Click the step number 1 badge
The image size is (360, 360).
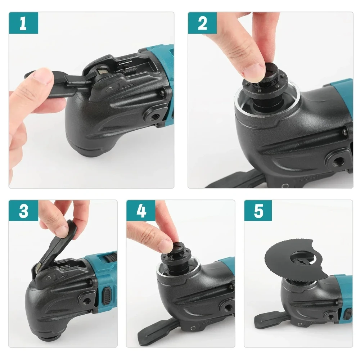(x=23, y=24)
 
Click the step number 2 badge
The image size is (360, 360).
(x=202, y=24)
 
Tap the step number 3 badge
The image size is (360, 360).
(x=23, y=211)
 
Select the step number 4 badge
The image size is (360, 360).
(x=141, y=211)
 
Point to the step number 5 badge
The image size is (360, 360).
(x=258, y=211)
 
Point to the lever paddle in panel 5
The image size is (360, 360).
(x=268, y=318)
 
